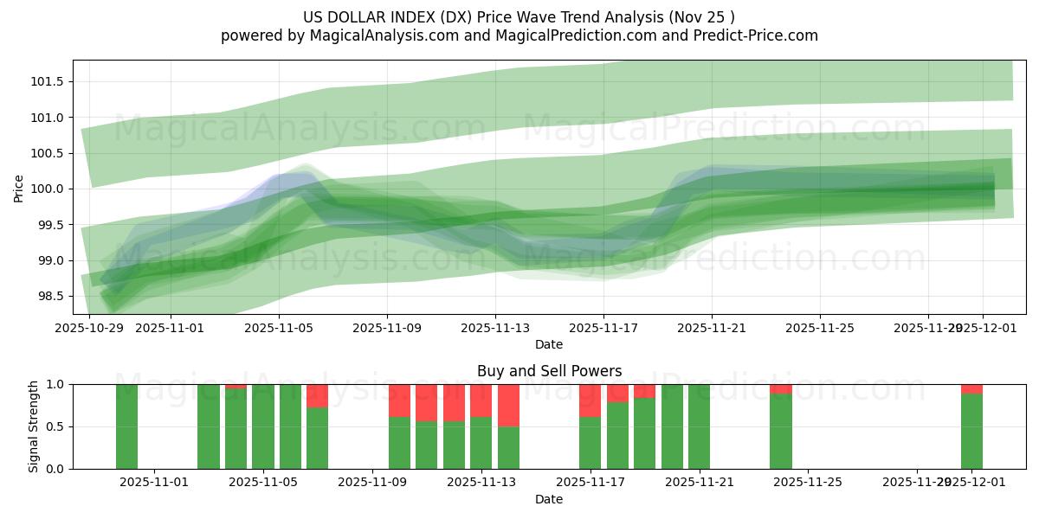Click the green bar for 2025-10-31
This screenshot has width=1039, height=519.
click(x=126, y=426)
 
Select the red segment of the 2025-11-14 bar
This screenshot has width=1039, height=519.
click(x=508, y=405)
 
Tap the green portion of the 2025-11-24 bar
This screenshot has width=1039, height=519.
click(x=780, y=431)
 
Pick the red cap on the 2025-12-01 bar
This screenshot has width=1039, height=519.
click(x=971, y=388)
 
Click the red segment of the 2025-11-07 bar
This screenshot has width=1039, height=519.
click(x=317, y=395)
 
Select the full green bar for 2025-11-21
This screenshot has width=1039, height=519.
click(x=699, y=426)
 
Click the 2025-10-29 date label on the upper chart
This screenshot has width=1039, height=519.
click(x=89, y=328)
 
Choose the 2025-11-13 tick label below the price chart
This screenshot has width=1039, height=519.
click(x=495, y=328)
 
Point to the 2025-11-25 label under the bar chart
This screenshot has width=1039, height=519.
click(x=807, y=483)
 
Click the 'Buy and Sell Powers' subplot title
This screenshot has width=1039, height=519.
click(x=549, y=371)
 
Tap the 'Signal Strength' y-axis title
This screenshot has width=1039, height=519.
click(x=34, y=426)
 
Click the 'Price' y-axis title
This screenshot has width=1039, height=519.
click(x=19, y=188)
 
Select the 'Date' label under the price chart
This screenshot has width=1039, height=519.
click(x=549, y=344)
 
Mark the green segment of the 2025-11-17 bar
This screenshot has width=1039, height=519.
click(x=590, y=443)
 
